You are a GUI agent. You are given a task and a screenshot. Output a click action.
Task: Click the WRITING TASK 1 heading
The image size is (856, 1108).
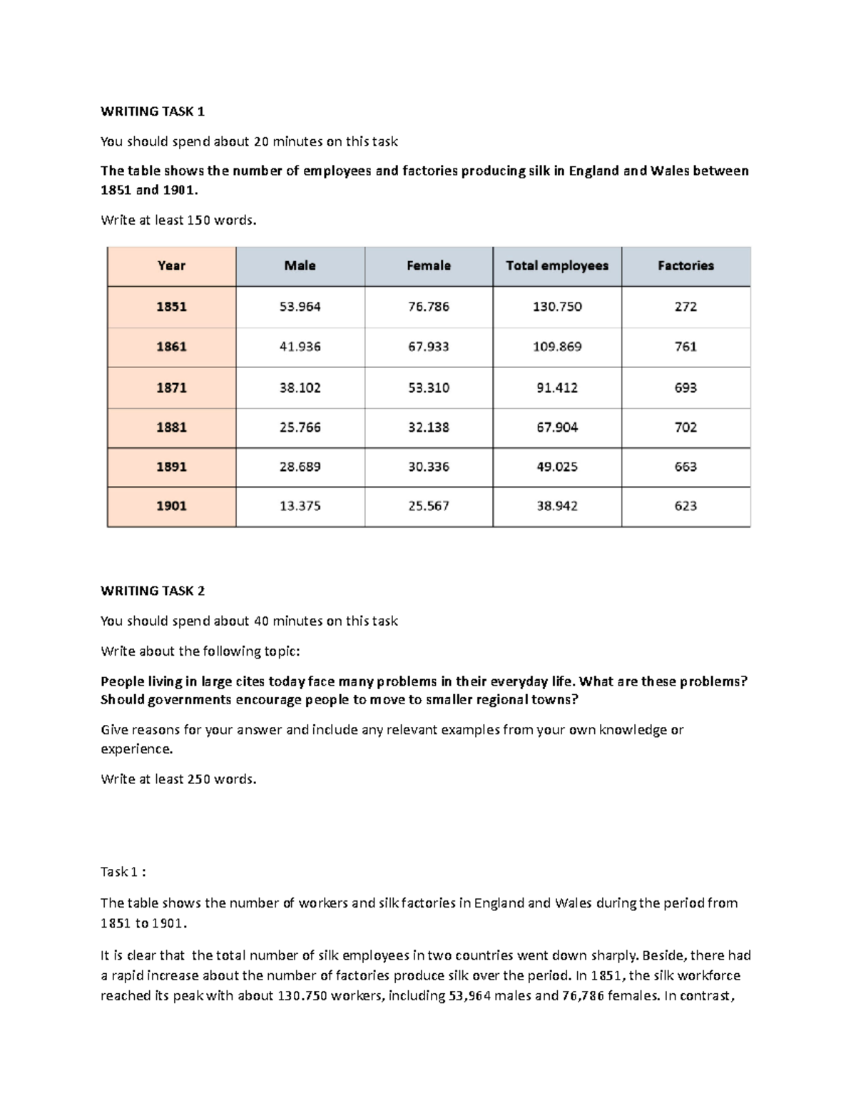[x=153, y=111]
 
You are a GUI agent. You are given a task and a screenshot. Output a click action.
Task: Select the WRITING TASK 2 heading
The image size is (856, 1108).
[x=153, y=591]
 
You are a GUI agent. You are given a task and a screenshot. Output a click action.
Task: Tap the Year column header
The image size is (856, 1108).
[x=171, y=265]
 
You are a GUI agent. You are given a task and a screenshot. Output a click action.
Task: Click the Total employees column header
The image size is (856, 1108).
[x=557, y=265]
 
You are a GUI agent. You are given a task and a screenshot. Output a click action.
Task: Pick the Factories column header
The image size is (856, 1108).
[x=686, y=265]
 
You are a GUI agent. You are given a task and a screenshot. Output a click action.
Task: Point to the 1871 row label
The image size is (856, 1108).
[x=171, y=388]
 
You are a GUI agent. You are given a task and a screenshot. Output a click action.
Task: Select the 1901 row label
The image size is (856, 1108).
[x=171, y=506]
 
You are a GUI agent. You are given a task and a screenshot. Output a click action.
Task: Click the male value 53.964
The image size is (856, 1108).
[x=300, y=307]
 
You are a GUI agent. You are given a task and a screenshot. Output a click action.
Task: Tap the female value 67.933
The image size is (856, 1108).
[x=428, y=347]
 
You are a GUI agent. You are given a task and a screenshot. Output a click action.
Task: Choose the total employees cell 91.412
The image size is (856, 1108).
[x=557, y=388]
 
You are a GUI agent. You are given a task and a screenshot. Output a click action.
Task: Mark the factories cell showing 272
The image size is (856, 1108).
[x=686, y=307]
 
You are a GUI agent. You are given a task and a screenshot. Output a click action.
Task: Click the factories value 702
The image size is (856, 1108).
[x=686, y=427]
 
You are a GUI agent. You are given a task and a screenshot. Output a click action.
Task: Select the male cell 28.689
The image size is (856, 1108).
[x=300, y=467]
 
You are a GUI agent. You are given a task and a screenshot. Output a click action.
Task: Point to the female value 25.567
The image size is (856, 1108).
[x=428, y=506]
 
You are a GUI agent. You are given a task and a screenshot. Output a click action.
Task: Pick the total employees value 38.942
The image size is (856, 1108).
[x=557, y=506]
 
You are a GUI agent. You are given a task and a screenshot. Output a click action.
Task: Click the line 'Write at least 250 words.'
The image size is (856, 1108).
[x=178, y=779]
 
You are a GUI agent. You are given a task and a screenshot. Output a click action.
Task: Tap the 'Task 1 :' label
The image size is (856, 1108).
[x=123, y=872]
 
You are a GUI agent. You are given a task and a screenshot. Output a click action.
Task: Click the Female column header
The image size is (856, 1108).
[x=428, y=265]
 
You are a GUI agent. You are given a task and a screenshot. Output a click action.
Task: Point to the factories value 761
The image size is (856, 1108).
[x=686, y=347]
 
